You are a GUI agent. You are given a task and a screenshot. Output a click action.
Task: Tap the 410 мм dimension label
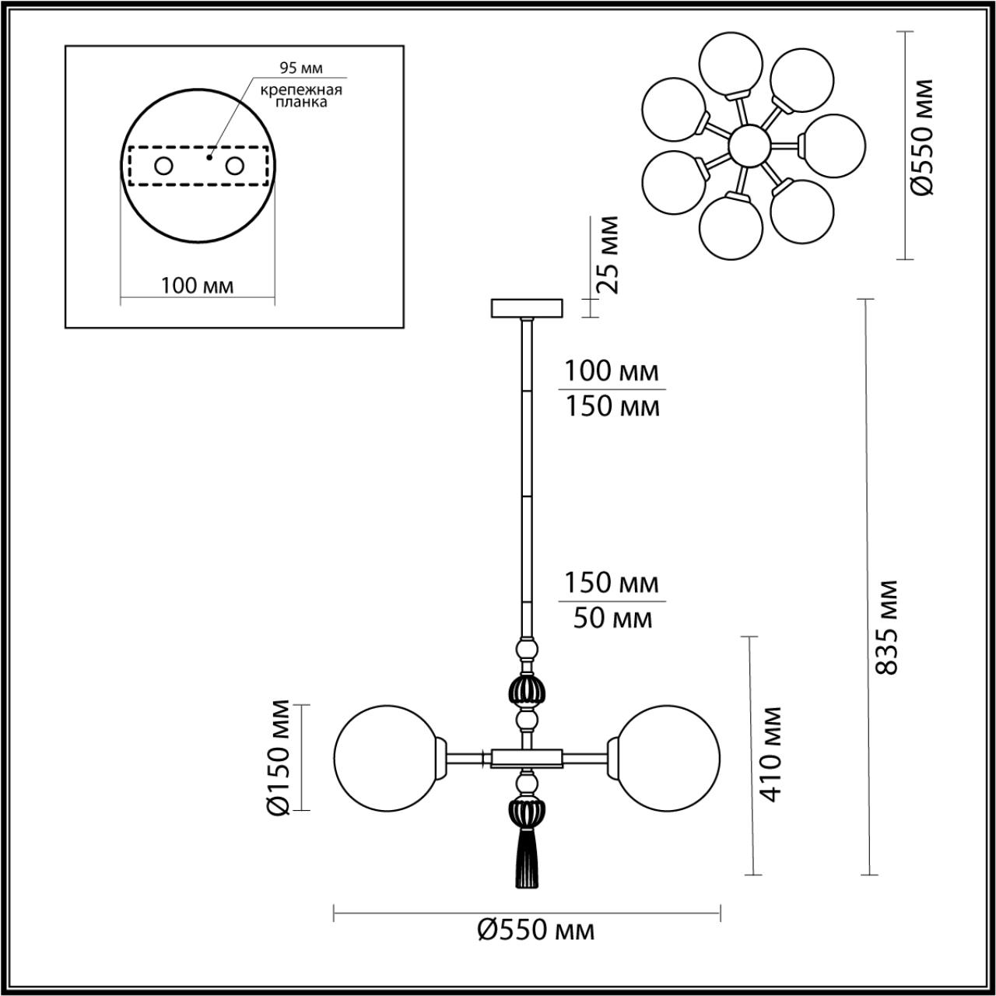(x=770, y=754)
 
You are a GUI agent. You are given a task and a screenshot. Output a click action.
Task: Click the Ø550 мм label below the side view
(x=536, y=929)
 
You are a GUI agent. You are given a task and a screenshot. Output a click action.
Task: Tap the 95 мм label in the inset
(x=301, y=68)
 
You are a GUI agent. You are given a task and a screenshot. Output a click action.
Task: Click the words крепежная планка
(x=301, y=96)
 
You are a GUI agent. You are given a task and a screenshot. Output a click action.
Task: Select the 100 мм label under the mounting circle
(x=198, y=286)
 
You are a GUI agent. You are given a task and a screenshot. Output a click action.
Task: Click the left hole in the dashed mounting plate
(x=163, y=166)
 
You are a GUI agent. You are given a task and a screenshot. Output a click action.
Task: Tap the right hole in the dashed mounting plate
(x=234, y=166)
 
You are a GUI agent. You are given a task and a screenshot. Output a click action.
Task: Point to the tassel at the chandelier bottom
(x=527, y=859)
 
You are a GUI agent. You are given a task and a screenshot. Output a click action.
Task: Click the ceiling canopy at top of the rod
(x=527, y=308)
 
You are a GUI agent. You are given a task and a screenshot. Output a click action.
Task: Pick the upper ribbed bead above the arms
(x=527, y=690)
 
